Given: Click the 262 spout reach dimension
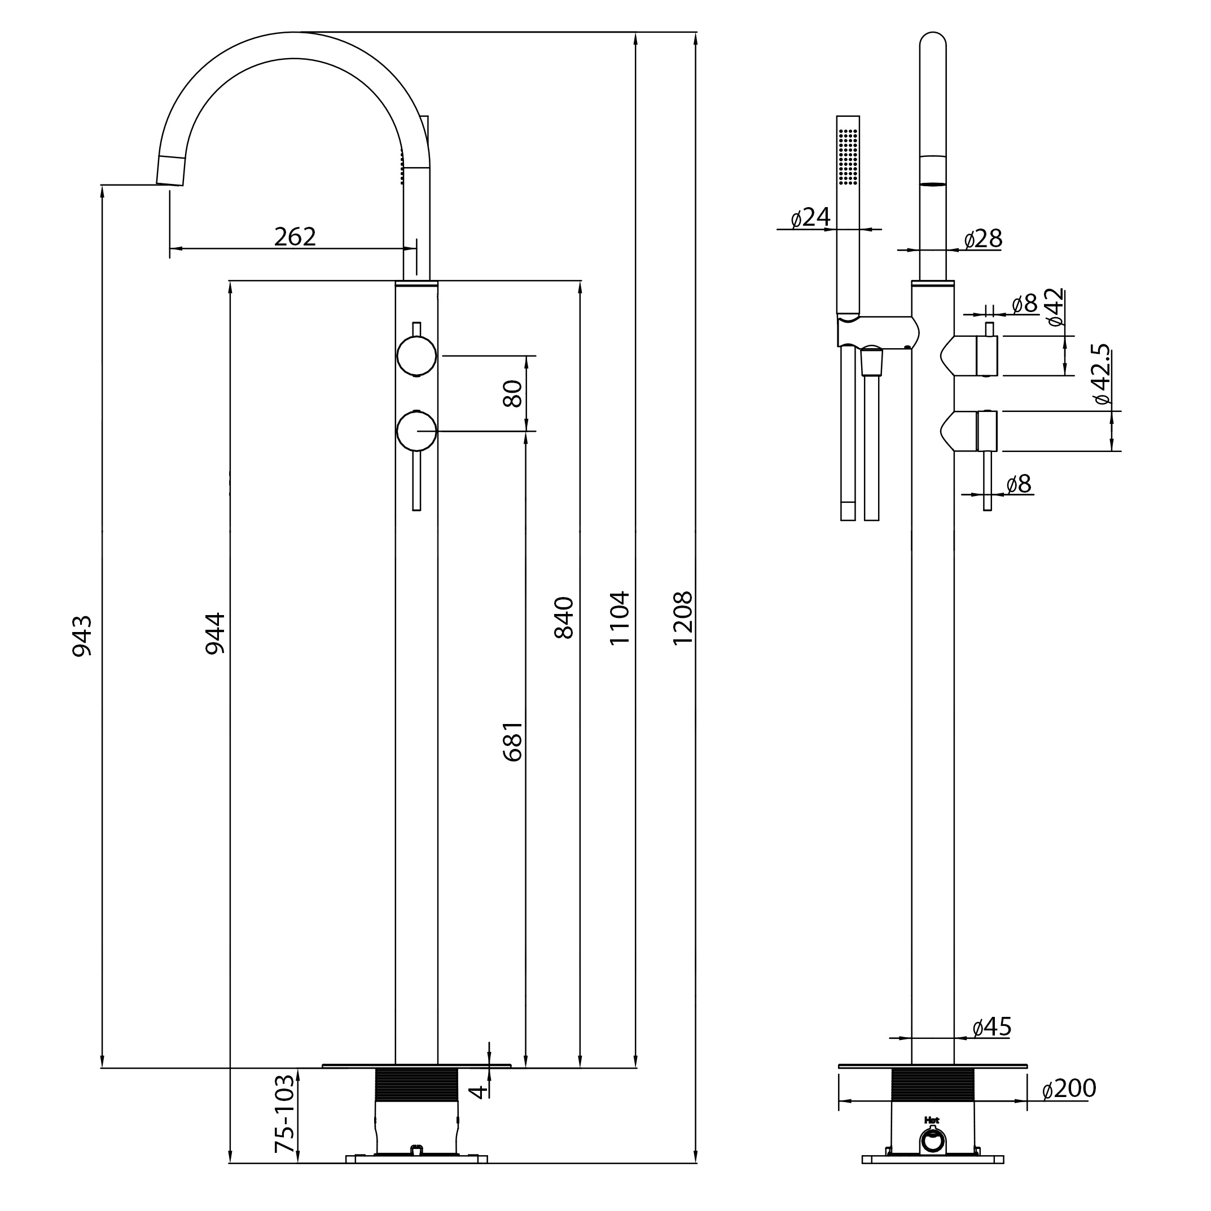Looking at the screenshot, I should (x=295, y=236).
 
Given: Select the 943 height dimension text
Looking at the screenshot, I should (x=82, y=635).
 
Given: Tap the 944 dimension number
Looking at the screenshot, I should (x=215, y=633).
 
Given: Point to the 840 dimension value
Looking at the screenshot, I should (x=564, y=617).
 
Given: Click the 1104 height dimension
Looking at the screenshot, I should (x=619, y=617).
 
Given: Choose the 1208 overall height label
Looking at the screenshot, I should (x=682, y=617).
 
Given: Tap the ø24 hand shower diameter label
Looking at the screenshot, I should (x=810, y=217).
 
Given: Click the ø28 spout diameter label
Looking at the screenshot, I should (x=983, y=239).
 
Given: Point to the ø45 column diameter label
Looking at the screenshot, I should (x=991, y=1026).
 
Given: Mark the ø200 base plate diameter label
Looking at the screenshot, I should (x=1069, y=1088).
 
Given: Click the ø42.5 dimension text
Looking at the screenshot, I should (x=1102, y=374).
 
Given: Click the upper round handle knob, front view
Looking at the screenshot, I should (x=417, y=356).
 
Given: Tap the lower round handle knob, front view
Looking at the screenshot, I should (x=417, y=431).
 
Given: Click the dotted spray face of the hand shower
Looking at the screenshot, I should (x=848, y=157).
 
